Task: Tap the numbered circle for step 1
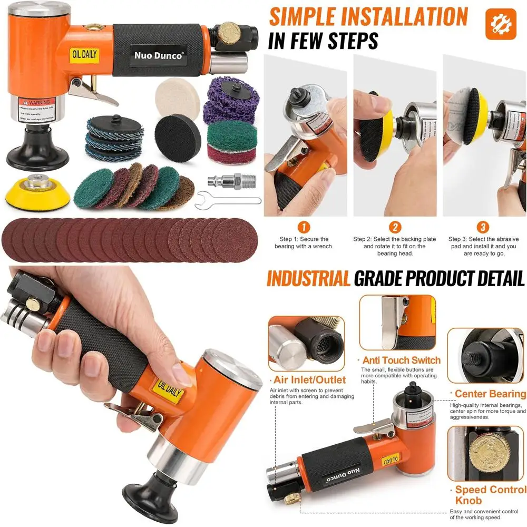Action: (x=304, y=228)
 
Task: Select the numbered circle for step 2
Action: (x=394, y=228)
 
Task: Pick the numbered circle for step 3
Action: (x=483, y=228)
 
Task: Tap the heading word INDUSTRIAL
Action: (x=308, y=278)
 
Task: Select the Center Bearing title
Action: (x=490, y=394)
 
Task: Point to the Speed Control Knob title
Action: (x=490, y=495)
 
